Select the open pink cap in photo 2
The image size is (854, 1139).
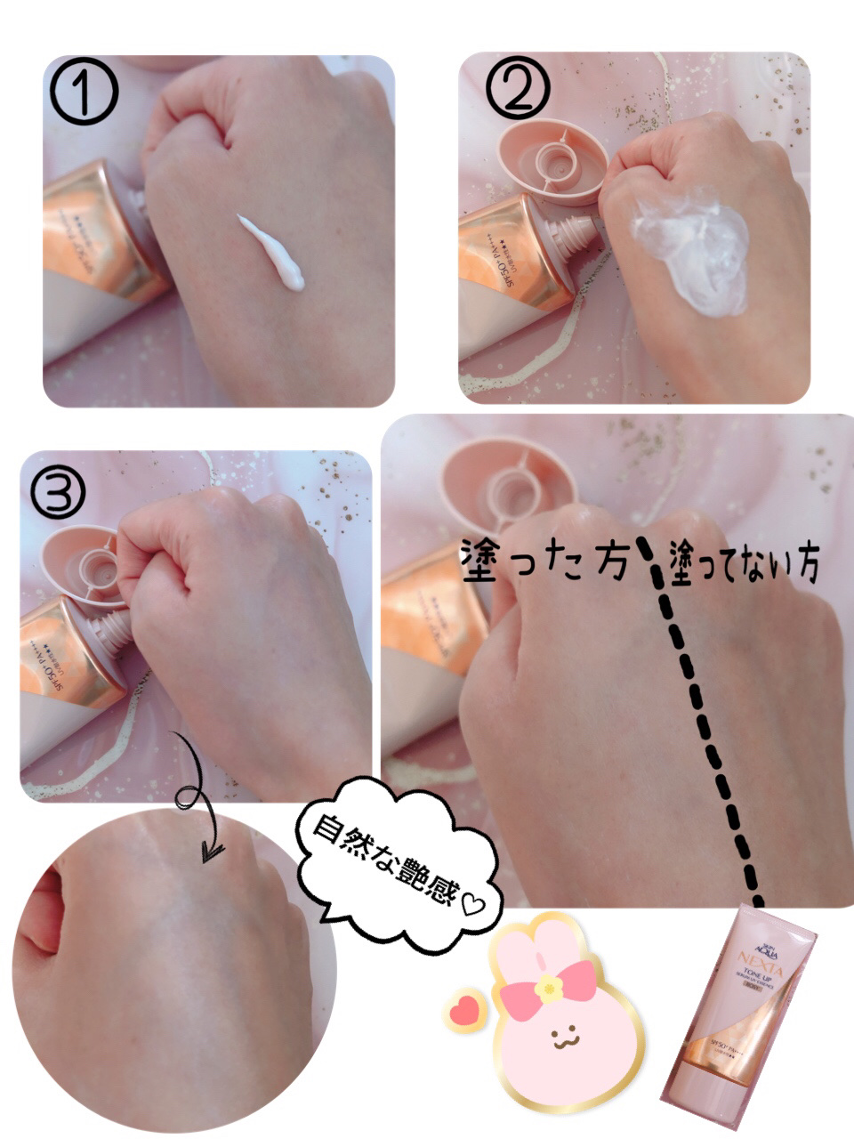point(553,160)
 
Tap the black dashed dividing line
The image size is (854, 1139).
point(703,730)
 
